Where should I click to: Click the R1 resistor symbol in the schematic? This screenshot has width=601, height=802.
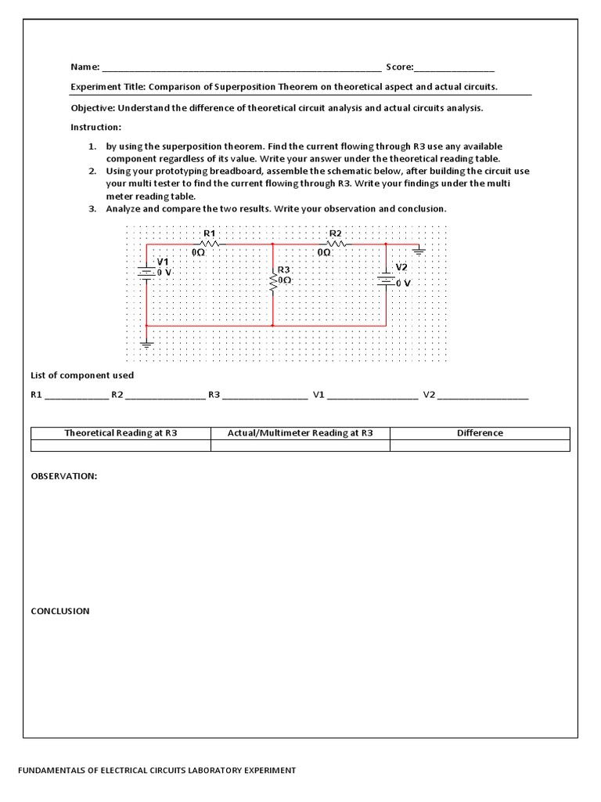[209, 244]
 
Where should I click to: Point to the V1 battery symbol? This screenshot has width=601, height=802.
[146, 271]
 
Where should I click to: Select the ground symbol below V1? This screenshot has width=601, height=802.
[146, 342]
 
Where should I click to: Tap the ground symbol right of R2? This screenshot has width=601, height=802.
[419, 251]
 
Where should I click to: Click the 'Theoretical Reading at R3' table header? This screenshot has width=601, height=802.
[121, 433]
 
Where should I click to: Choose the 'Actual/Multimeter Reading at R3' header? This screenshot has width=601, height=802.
[300, 433]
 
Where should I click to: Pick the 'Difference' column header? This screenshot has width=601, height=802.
[480, 433]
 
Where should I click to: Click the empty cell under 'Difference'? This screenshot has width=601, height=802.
[480, 446]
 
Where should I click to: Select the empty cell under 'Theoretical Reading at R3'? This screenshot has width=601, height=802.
[121, 446]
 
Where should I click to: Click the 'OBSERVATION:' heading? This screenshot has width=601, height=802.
[63, 476]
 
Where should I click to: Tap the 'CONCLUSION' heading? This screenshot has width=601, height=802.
[60, 611]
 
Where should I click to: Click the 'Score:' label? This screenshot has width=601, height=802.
[399, 67]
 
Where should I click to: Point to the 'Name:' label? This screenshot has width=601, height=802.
[85, 67]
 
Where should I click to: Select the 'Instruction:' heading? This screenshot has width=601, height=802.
[96, 127]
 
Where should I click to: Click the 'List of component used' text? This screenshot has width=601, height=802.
[82, 376]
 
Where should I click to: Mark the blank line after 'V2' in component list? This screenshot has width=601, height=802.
[483, 396]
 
